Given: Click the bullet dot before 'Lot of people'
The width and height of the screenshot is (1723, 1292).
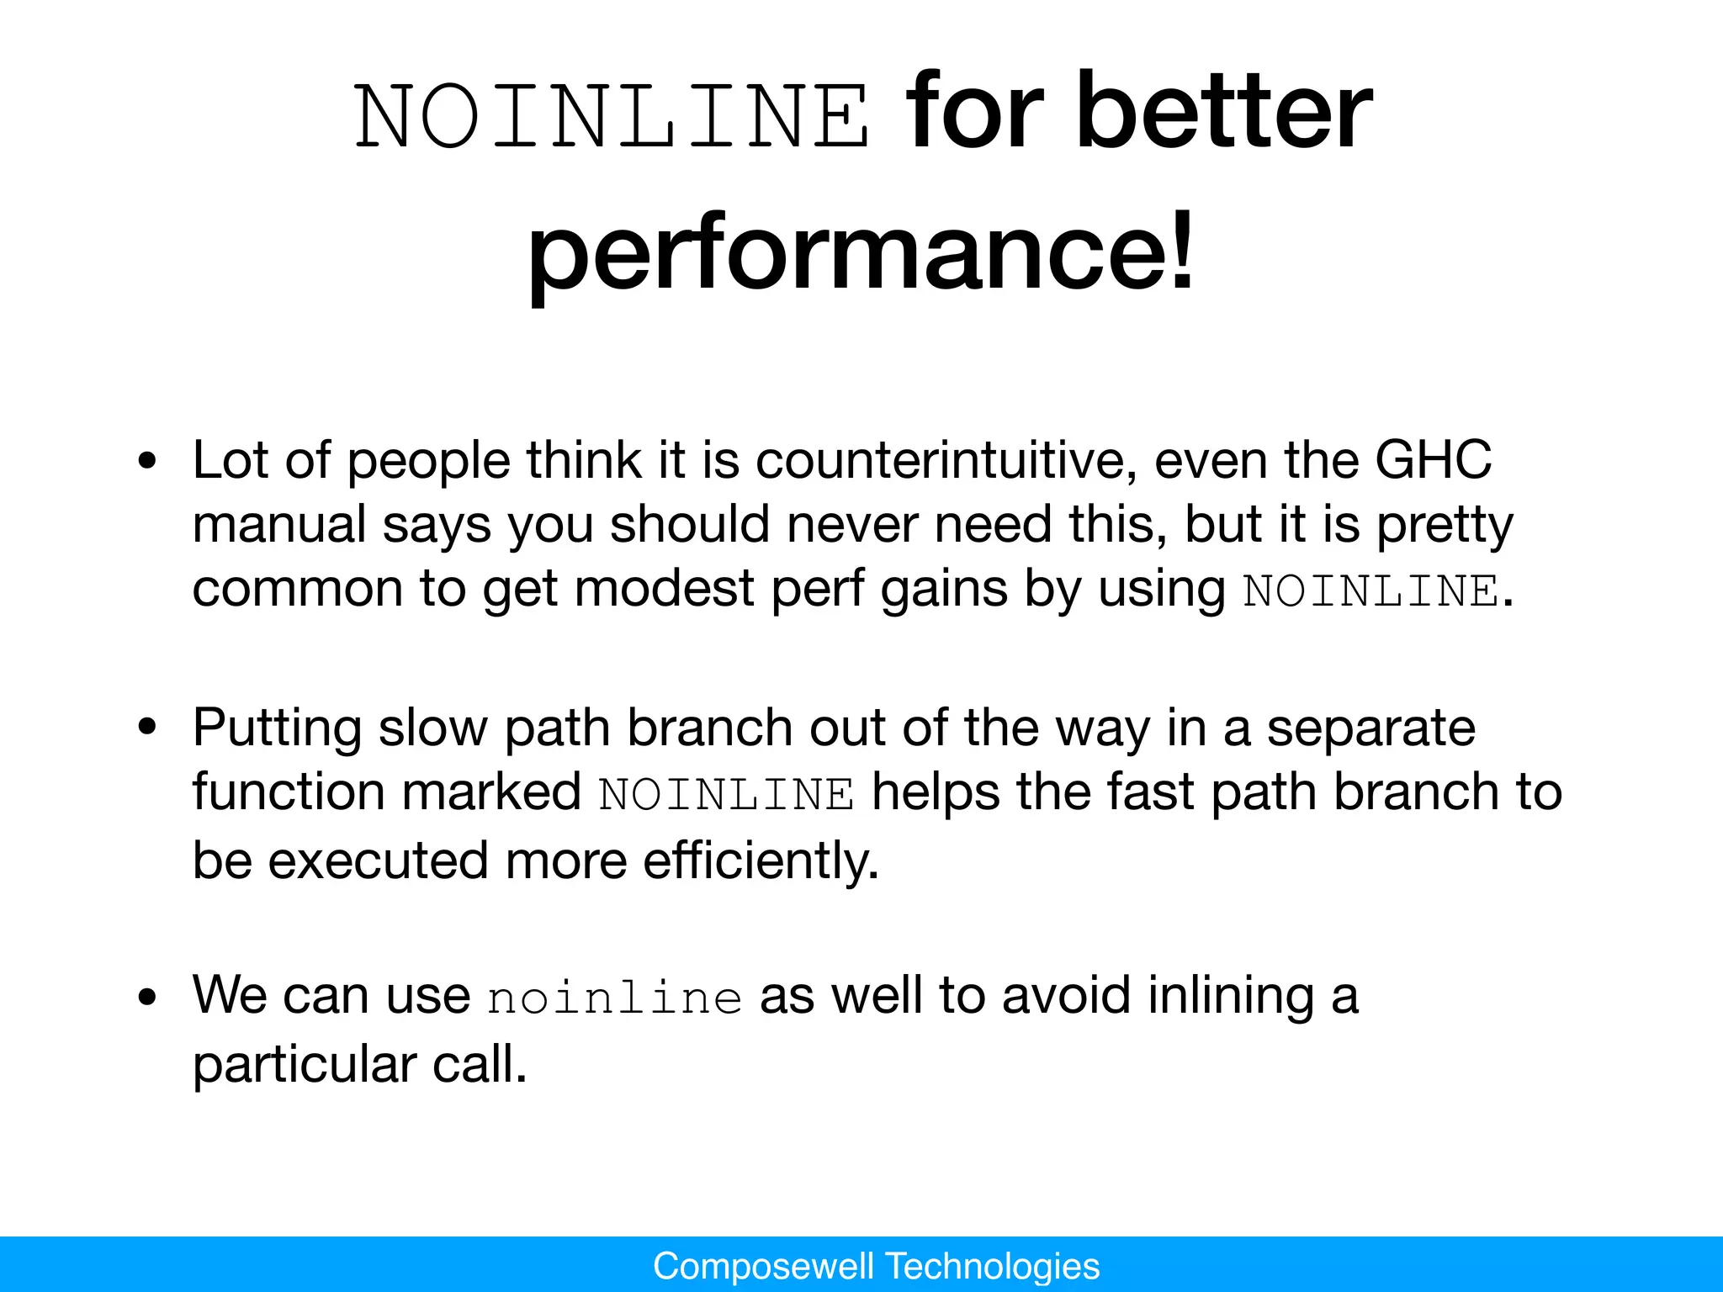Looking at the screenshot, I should pyautogui.click(x=148, y=461).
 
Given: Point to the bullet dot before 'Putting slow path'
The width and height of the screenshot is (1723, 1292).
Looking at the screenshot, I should pyautogui.click(x=148, y=728).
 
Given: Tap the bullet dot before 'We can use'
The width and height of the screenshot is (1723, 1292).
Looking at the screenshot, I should pyautogui.click(x=148, y=997).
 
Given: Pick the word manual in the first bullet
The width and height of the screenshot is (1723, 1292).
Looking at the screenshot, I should pyautogui.click(x=279, y=524).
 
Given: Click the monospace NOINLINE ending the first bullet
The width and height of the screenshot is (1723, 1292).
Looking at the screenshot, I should pyautogui.click(x=1371, y=590).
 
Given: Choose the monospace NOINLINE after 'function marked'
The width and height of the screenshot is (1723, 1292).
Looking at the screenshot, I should pyautogui.click(x=727, y=794).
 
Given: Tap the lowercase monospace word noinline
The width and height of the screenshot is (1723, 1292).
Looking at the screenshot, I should pyautogui.click(x=615, y=998).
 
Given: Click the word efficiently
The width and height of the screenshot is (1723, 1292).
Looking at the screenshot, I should pyautogui.click(x=761, y=860).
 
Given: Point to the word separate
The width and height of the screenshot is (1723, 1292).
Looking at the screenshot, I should pyautogui.click(x=1370, y=728).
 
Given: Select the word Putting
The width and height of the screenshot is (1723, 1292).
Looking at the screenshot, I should pyautogui.click(x=278, y=728).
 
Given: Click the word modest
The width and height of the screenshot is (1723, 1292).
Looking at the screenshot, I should pyautogui.click(x=664, y=588).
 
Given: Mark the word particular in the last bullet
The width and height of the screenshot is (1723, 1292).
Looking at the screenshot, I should pyautogui.click(x=304, y=1064).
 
